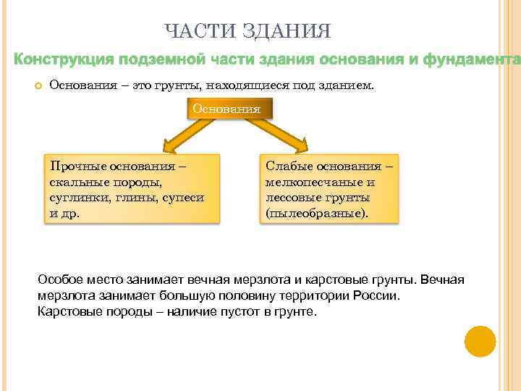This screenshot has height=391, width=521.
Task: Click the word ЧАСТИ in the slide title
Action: (x=190, y=31)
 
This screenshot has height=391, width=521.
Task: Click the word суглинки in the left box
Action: (x=75, y=197)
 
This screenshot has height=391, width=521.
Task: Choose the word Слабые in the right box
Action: (x=287, y=165)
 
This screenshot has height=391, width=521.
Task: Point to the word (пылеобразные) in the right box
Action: (x=316, y=214)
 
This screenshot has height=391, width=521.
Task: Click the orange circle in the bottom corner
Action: (x=480, y=341)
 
